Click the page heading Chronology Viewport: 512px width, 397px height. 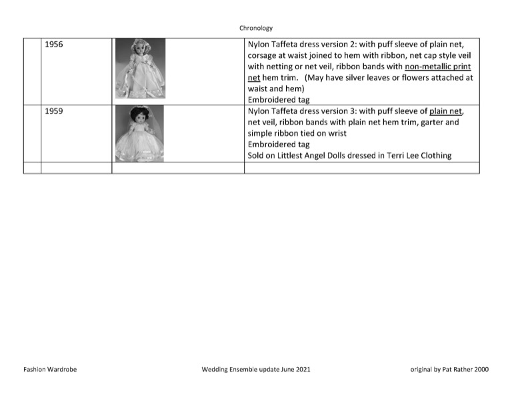(256, 28)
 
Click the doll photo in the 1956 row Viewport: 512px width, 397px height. (140, 69)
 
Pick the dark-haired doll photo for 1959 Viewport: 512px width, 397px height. (140, 133)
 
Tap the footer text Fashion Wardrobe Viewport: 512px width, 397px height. (50, 369)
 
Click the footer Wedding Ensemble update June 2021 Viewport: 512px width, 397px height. (255, 369)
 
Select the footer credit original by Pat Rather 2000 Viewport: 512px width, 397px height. (449, 369)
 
